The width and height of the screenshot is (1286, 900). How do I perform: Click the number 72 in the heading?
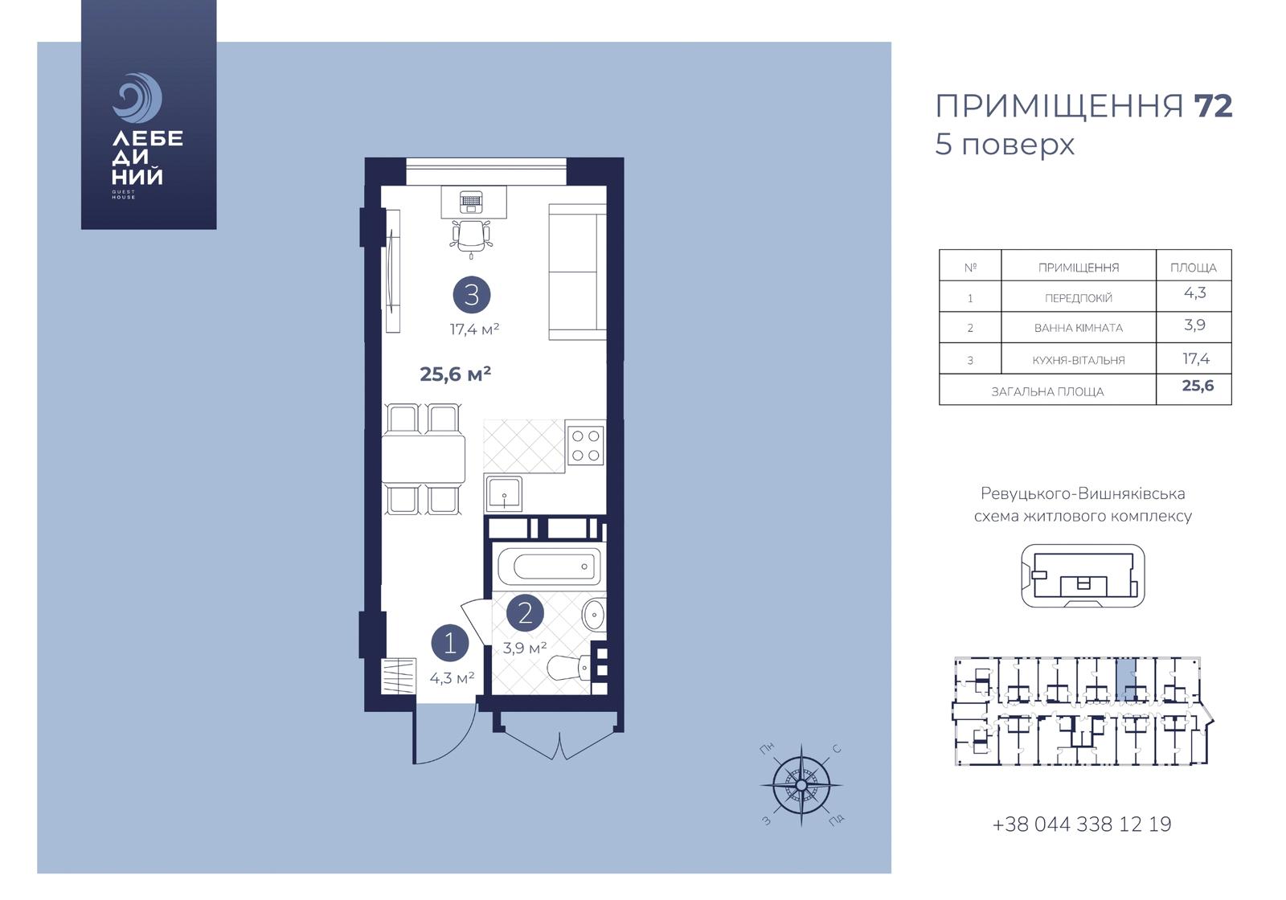click(1213, 107)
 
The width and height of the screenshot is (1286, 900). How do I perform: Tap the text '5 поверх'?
click(1004, 145)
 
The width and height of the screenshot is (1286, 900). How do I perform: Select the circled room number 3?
click(471, 295)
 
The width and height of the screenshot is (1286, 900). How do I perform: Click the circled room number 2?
click(525, 613)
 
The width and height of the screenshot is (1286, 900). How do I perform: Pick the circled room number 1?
click(450, 643)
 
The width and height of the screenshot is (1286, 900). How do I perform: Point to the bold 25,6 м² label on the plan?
click(455, 374)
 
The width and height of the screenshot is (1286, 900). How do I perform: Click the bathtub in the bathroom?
click(549, 567)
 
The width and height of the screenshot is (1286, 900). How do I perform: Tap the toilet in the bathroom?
click(569, 667)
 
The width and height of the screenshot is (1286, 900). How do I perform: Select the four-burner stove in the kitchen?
click(586, 445)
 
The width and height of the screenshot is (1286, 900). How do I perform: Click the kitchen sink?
click(504, 493)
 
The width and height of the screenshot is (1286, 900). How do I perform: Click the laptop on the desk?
click(471, 202)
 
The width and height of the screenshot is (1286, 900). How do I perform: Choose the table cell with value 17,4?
click(1196, 358)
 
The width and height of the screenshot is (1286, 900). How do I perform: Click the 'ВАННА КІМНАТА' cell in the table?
click(1078, 328)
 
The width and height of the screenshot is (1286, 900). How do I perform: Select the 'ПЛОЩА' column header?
click(1194, 268)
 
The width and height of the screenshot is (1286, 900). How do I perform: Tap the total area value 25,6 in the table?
click(1198, 385)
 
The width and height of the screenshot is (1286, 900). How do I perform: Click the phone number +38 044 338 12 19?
click(1082, 824)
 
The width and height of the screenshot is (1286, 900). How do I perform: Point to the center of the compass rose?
click(801, 784)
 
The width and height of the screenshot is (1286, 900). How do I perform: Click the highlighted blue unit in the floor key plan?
click(1126, 680)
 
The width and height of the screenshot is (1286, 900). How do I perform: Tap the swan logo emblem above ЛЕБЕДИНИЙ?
click(137, 97)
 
